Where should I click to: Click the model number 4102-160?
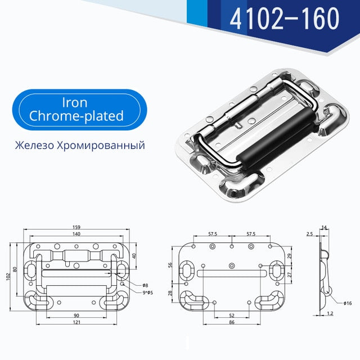(x=284, y=19)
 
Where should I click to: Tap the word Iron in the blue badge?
(x=75, y=102)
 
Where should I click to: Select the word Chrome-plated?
(x=76, y=116)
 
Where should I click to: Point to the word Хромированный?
(x=101, y=145)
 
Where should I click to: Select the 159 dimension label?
(x=76, y=227)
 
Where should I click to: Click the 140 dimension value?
(x=76, y=234)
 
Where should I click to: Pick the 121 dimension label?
(x=76, y=322)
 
